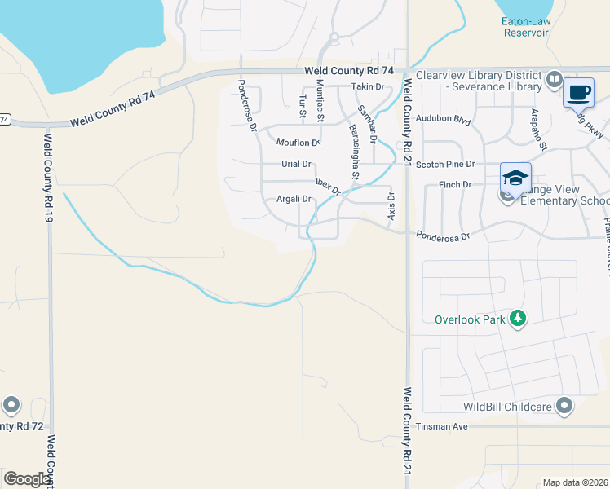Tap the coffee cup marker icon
pos(579,93)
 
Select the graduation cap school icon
pos(515,178)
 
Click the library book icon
pos(555,79)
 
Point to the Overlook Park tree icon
pos(517,318)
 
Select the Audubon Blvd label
pos(444,121)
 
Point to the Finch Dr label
pos(455,185)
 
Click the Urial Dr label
pos(296,164)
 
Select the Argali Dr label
pos(294,199)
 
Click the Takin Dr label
pos(367,86)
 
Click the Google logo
pos(27,479)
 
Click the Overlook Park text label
pos(470,319)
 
